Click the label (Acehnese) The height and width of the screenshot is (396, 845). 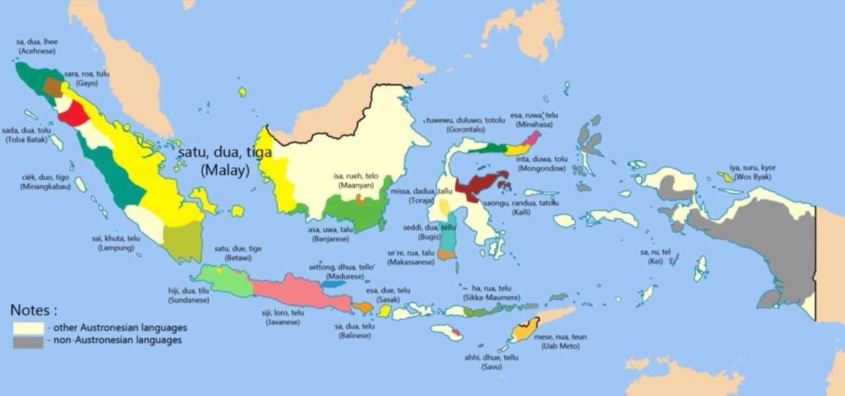[x=37, y=50]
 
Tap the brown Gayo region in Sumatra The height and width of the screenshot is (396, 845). [x=52, y=87]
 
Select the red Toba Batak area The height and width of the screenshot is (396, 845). [x=72, y=114]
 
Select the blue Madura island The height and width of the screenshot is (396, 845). [x=336, y=283]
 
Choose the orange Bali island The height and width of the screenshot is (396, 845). [x=362, y=308]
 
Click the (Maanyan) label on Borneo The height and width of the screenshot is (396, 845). [x=357, y=186]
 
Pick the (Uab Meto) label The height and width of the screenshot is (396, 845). [x=564, y=346]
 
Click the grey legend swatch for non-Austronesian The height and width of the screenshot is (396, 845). [x=28, y=342]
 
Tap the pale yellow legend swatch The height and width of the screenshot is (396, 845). [x=28, y=327]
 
